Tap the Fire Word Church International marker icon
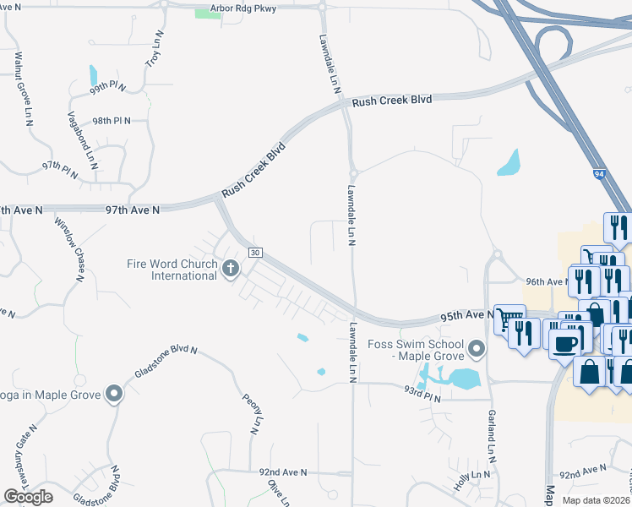coord(231,270)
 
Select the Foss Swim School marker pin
coord(477,348)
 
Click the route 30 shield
coord(254,253)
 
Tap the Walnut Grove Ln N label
coord(22,88)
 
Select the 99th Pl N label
coord(108,87)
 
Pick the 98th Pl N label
coord(112,121)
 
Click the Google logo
coord(28,497)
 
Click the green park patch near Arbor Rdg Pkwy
coord(208,13)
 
